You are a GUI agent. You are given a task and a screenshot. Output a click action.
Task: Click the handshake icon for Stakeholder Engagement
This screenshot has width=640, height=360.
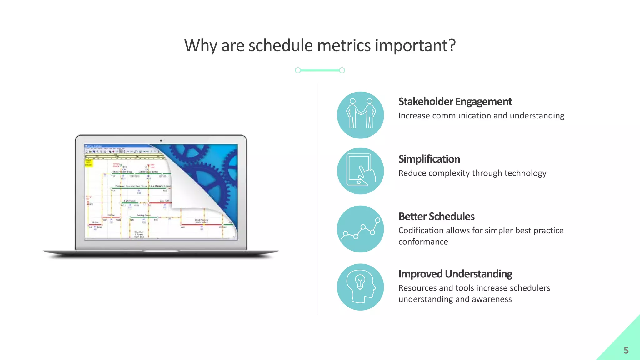pos(360,115)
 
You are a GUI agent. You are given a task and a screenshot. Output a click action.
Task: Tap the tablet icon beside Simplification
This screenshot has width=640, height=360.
pos(360,171)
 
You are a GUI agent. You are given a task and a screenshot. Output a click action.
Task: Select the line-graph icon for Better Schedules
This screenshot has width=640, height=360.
pos(360,229)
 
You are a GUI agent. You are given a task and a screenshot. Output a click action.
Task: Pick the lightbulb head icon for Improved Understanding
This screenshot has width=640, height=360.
pos(360,287)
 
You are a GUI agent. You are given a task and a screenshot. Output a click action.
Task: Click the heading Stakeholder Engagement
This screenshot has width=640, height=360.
pos(455,102)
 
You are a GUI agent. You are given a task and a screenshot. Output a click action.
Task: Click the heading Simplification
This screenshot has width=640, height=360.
pos(429,159)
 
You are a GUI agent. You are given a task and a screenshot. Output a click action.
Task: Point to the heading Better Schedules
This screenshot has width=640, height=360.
pos(436,217)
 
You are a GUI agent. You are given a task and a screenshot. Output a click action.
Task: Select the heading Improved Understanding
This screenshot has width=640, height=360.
pos(455,274)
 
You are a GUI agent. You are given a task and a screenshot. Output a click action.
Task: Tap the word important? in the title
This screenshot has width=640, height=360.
pos(415,46)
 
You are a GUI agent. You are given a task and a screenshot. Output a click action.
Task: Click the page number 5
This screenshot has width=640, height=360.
pos(626,350)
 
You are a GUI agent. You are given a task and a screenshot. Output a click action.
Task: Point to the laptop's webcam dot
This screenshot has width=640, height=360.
pos(161,141)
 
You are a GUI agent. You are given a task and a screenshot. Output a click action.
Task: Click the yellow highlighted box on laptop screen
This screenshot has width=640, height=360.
pos(89,163)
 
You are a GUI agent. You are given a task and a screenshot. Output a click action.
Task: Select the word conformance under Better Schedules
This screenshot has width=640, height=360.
pos(423,242)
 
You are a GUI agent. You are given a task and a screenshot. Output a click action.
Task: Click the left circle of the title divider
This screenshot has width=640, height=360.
pos(298,70)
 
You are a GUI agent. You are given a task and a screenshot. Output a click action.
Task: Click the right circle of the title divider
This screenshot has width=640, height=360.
pos(342,70)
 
